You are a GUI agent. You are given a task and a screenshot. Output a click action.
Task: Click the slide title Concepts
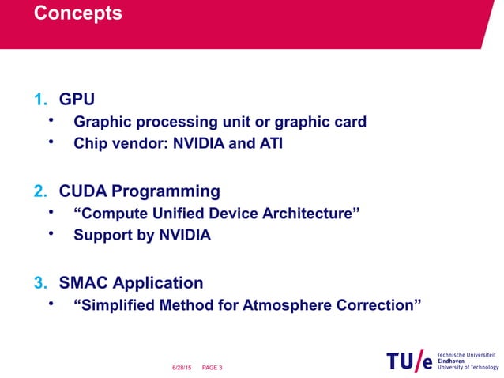(x=78, y=14)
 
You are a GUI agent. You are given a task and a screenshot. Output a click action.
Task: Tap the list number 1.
(x=39, y=100)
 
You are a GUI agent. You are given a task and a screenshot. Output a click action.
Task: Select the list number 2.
(x=39, y=191)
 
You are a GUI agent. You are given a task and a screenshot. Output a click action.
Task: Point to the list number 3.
(x=39, y=283)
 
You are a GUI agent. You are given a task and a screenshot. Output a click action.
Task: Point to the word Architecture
(x=310, y=214)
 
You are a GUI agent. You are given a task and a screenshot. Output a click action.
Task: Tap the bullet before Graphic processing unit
(x=51, y=121)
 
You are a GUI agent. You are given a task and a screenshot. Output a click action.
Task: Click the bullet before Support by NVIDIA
(x=51, y=235)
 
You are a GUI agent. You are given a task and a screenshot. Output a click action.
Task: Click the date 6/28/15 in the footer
(x=182, y=368)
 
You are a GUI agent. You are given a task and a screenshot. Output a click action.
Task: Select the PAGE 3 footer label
(x=212, y=368)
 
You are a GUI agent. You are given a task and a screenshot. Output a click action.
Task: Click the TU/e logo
(x=409, y=361)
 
